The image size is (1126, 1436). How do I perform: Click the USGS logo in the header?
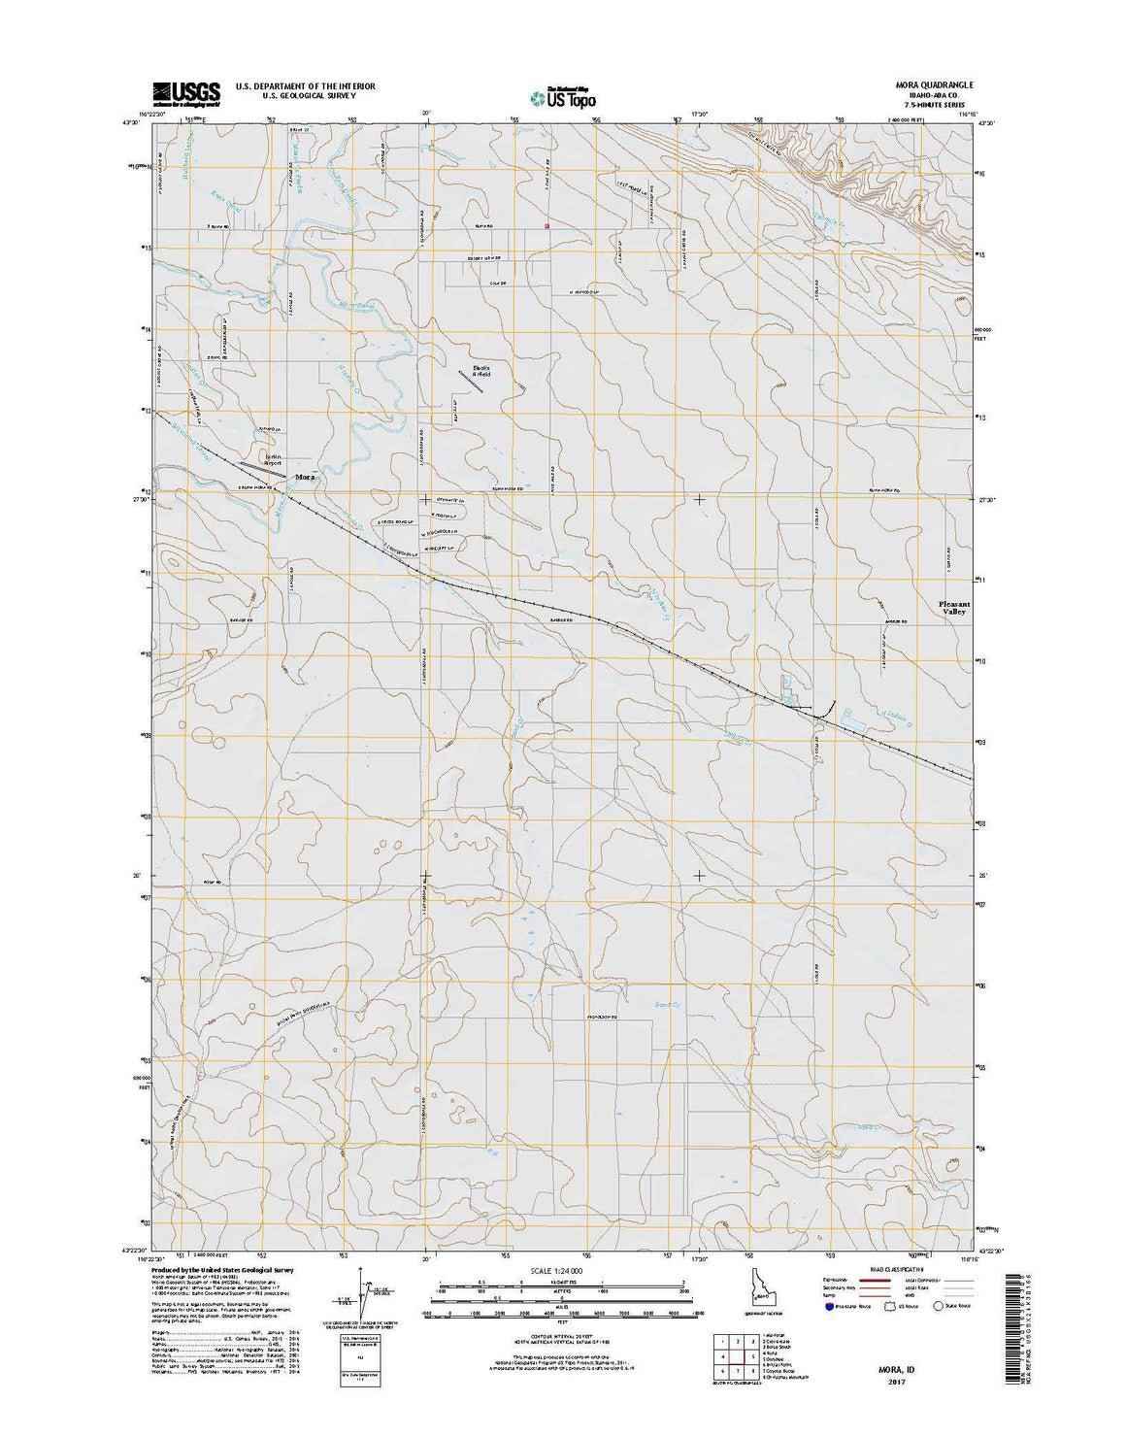(x=185, y=92)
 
